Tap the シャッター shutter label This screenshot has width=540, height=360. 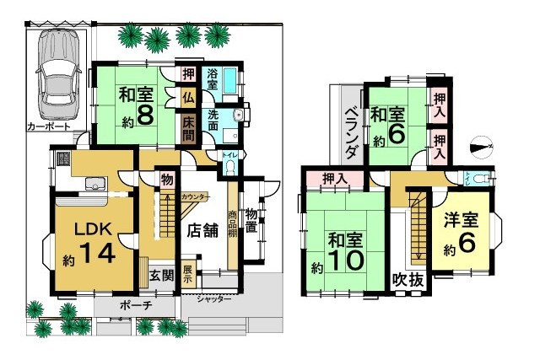[213, 298]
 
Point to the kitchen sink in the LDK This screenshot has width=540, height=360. [94, 183]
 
